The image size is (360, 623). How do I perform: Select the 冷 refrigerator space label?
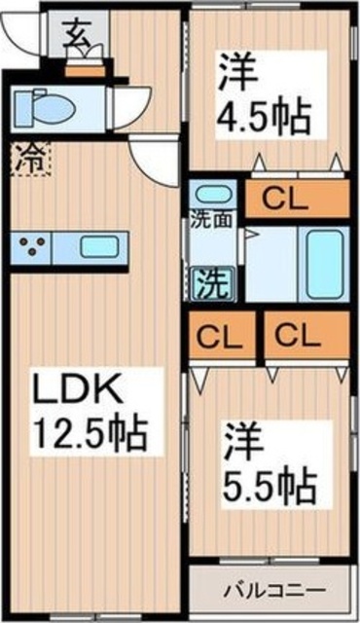(x=30, y=159)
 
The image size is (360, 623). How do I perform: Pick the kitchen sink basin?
(x=98, y=246)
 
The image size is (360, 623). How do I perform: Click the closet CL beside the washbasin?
(x=295, y=201)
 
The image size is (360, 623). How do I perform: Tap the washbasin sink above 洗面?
(x=212, y=194)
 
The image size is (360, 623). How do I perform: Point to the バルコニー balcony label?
(x=271, y=590)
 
